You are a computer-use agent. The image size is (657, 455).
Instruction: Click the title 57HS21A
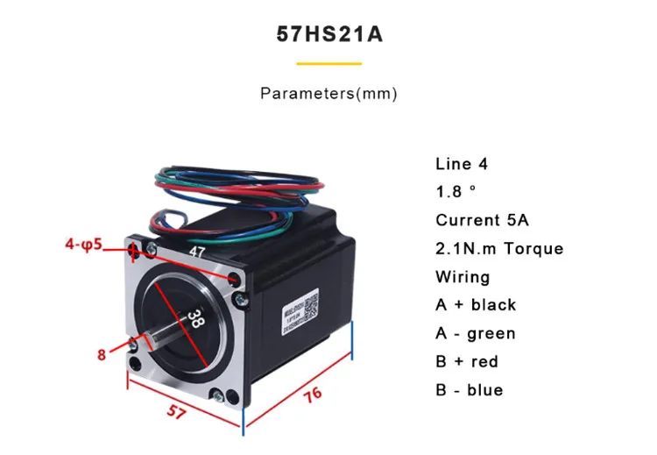(328, 35)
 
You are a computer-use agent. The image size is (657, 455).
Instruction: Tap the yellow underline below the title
(328, 64)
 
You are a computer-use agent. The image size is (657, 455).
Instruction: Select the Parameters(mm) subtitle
(328, 94)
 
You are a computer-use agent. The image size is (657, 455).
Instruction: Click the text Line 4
(462, 164)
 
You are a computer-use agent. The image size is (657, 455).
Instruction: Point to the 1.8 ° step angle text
(457, 192)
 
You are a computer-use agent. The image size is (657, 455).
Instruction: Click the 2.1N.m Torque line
(499, 248)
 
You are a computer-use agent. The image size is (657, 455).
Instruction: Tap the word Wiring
(463, 277)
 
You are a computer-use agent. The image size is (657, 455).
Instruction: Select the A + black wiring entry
(476, 305)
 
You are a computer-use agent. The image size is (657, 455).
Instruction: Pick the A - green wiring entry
(476, 333)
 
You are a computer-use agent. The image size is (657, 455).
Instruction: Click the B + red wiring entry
(467, 361)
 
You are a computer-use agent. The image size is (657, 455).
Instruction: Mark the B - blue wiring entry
(470, 390)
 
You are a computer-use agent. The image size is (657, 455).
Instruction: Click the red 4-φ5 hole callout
(87, 245)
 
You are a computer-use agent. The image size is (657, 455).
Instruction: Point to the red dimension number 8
(102, 354)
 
